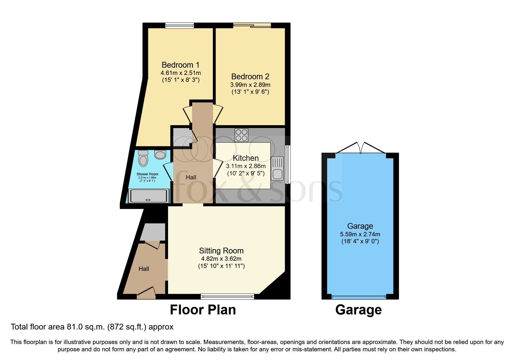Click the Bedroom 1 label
coord(180,65)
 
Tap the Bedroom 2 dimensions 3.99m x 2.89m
coord(250,85)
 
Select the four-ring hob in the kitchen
coord(241,135)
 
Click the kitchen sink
coord(277,168)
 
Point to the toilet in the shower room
coord(143,158)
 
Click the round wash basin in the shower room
coord(160,154)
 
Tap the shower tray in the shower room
coord(149,196)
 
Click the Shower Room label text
coord(147,174)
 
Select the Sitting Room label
coord(221,251)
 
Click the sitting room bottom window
coord(227,296)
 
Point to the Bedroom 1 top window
coord(180,26)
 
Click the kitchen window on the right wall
coord(288,164)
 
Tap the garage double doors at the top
coord(360,148)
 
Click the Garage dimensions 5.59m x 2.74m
coord(360,234)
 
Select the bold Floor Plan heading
coord(203,310)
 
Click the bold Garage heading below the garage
coord(358,310)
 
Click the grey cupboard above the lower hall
coord(153,232)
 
